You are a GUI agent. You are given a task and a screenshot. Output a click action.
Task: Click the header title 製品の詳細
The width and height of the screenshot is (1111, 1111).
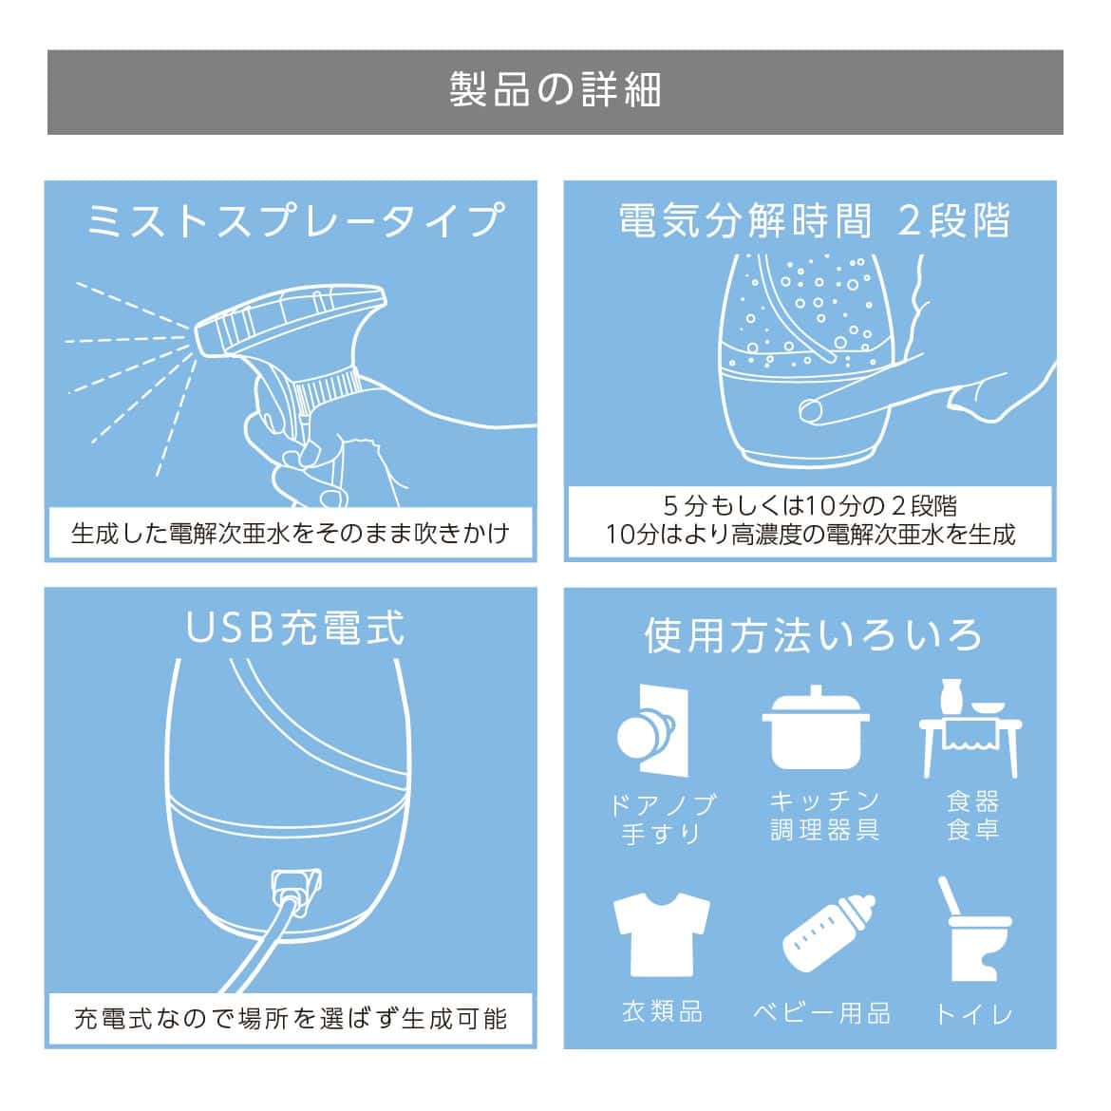[555, 90]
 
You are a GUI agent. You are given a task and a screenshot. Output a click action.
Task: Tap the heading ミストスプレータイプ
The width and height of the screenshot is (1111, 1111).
[295, 220]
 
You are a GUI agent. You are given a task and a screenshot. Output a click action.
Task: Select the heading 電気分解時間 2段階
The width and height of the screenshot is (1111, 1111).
[814, 220]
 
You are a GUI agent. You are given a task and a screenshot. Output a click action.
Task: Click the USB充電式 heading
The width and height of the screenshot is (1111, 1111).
[294, 628]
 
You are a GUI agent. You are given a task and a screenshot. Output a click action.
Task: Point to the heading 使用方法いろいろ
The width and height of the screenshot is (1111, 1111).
[813, 634]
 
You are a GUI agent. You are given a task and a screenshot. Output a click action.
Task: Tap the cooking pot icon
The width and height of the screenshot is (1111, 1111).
[816, 727]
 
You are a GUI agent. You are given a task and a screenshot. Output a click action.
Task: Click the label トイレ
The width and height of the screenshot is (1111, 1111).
[973, 1015]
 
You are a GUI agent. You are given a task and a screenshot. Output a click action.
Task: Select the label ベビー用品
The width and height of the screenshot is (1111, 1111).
[822, 1014]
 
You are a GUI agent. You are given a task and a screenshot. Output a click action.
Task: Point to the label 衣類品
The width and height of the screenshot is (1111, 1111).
[663, 1012]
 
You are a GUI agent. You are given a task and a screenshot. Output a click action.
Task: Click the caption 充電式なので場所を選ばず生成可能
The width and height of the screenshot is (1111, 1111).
[291, 1019]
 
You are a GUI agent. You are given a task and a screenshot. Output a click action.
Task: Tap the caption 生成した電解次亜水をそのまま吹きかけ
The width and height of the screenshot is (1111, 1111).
[291, 533]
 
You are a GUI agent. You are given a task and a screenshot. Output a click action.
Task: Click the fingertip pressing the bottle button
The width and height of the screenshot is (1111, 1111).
[811, 409]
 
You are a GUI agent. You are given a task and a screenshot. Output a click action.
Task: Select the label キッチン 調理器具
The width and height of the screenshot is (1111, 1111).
[825, 816]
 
